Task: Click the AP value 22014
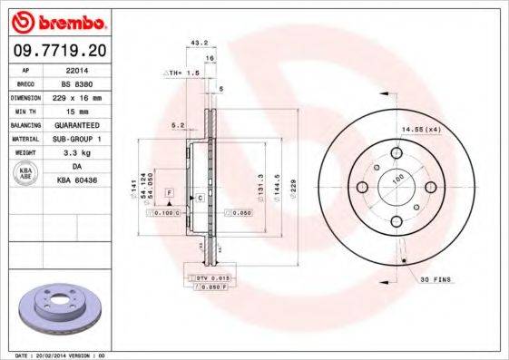pos(76,69)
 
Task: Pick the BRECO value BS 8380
pos(76,82)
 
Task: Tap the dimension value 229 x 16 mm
pos(76,95)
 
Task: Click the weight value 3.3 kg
pos(76,153)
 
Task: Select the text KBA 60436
pos(76,180)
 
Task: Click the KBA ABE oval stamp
pos(25,173)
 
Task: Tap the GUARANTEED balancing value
pos(76,124)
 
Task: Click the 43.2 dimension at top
pos(194,43)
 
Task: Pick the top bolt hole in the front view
pos(395,153)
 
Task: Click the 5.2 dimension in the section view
pos(178,125)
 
